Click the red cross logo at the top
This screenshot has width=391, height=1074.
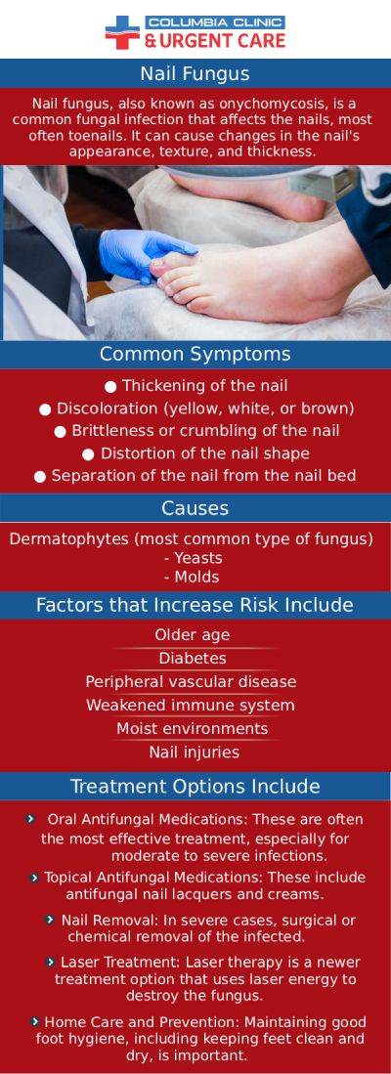122,31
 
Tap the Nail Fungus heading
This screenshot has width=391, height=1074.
195,74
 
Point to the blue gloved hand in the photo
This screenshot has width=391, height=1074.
142,252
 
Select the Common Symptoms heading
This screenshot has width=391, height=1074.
195,354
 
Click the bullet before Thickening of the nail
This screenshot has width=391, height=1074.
110,386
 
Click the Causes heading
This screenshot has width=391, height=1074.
195,508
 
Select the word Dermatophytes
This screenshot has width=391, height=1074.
65,538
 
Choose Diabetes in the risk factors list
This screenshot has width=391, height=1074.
193,659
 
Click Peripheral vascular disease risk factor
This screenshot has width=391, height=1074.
191,682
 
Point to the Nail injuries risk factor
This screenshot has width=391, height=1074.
194,752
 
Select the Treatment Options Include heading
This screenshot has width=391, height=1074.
195,787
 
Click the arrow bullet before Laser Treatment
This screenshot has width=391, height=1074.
51,963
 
